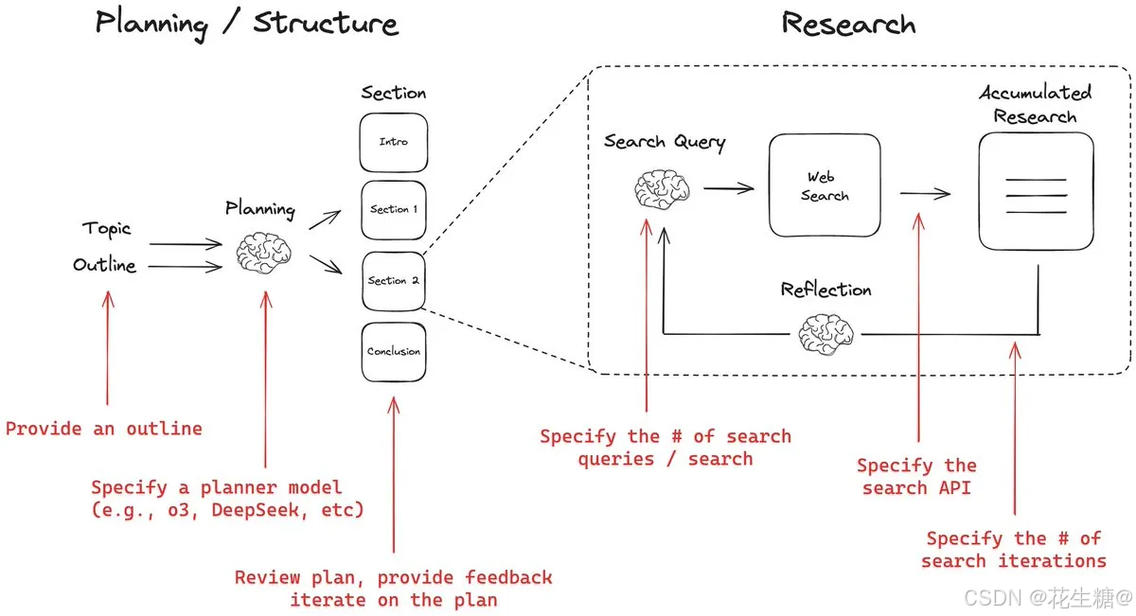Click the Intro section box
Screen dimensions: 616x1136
[x=394, y=143]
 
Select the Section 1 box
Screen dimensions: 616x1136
[x=394, y=210]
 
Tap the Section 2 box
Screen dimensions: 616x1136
[x=394, y=281]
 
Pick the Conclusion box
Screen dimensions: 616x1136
[x=394, y=352]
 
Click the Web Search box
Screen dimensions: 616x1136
[x=825, y=185]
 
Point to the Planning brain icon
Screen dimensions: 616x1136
[x=263, y=253]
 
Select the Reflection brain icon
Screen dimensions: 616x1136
[x=825, y=333]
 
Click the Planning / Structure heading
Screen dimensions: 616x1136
[x=246, y=23]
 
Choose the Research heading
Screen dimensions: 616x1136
[x=848, y=23]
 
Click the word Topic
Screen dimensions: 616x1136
[x=106, y=229]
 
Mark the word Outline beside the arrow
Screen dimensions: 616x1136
[x=104, y=266]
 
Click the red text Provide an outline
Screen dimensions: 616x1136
[x=104, y=429]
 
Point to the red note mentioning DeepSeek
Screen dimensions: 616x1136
[x=227, y=499]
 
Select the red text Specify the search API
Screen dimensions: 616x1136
[x=916, y=476]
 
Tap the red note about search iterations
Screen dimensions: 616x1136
[x=1014, y=550]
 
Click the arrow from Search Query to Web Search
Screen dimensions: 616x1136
[x=728, y=188]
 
